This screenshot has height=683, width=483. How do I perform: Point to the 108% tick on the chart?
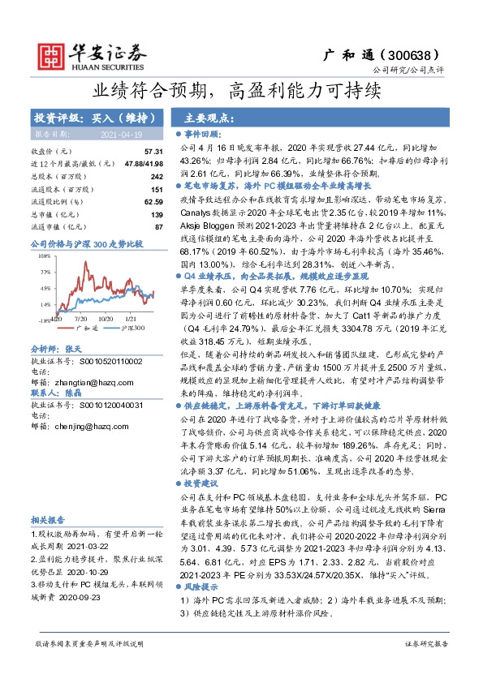pos(44,255)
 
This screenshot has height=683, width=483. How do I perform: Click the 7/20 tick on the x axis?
pos(81,320)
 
